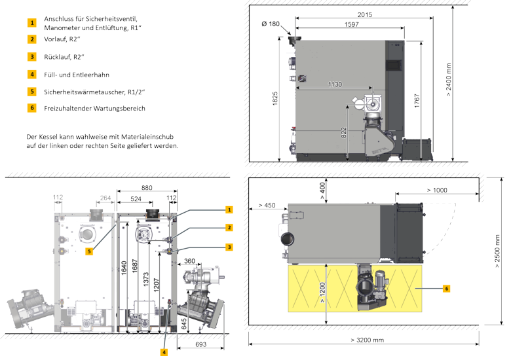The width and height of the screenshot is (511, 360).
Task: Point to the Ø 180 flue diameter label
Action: (x=270, y=24)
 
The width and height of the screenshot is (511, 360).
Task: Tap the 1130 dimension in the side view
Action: (x=334, y=84)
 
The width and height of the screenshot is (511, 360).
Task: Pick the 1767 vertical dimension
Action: (x=417, y=101)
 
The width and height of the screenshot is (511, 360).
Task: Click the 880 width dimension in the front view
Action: (x=147, y=188)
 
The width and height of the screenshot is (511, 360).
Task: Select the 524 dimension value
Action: (x=136, y=198)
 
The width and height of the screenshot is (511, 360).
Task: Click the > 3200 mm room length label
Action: (x=367, y=340)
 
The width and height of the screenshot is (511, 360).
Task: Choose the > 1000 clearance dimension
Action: (x=437, y=190)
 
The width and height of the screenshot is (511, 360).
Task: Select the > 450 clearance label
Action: (x=266, y=205)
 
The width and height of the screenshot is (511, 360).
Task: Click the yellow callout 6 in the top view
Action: (x=446, y=287)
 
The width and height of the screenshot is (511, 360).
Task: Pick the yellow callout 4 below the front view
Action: (x=164, y=351)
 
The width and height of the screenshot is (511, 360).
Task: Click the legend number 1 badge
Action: (x=31, y=22)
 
